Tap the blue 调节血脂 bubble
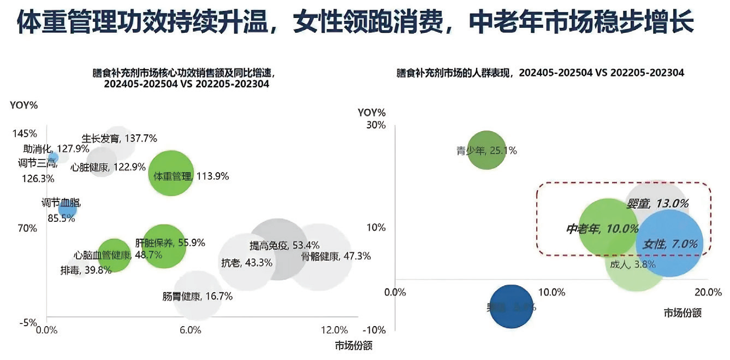click(x=67, y=209)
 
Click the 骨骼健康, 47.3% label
click(x=336, y=256)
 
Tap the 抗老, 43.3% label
click(x=246, y=263)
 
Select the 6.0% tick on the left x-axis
click(x=191, y=330)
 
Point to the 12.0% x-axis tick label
click(x=334, y=330)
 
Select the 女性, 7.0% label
click(x=670, y=244)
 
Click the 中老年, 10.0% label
click(x=602, y=229)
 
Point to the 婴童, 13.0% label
click(x=657, y=203)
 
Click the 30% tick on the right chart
click(x=376, y=125)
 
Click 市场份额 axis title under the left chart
click(x=353, y=345)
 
